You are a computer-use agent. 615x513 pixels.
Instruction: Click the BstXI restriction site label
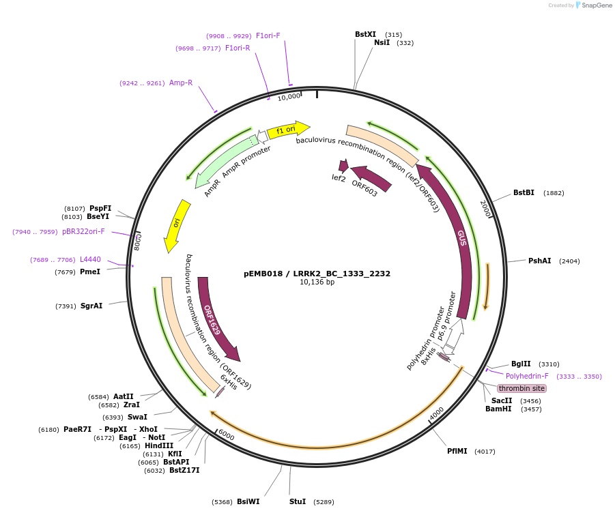coord(365,34)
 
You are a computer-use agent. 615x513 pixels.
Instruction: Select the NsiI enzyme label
coord(382,43)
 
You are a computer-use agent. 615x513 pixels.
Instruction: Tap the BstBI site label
coord(524,193)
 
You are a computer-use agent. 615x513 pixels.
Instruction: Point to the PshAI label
coord(539,261)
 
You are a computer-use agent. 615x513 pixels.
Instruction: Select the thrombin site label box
coord(521,388)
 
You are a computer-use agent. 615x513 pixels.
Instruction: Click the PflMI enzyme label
coord(457,451)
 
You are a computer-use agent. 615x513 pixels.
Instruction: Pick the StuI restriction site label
coord(298,501)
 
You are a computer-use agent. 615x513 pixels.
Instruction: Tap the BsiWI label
coord(248,501)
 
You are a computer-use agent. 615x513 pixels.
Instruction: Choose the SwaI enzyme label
coord(137,417)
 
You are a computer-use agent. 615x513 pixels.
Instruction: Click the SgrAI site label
coord(91,306)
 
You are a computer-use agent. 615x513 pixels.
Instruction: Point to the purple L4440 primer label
coord(90,260)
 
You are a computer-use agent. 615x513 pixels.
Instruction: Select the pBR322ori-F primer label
coord(83,231)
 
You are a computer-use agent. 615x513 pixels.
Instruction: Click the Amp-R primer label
coord(181,83)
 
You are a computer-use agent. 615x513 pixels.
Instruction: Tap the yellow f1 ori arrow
coord(287,129)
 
